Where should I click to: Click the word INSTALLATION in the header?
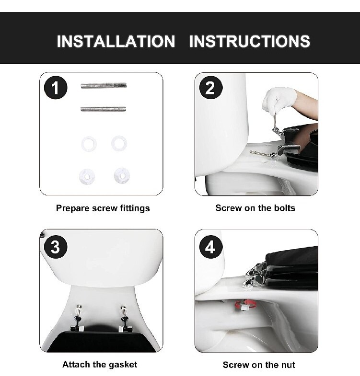(116, 41)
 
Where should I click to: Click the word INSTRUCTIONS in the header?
(249, 41)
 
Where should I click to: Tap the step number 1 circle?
(56, 88)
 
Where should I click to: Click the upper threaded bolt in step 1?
(103, 86)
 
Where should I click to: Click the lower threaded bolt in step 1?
(103, 109)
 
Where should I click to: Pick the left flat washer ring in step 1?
(89, 143)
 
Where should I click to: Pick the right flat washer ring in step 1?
(119, 143)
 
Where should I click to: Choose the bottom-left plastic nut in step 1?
(87, 176)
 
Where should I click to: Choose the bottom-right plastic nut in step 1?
(121, 175)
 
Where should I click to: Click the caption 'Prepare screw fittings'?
(103, 208)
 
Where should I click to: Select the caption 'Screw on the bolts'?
(255, 208)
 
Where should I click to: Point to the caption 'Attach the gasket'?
(100, 365)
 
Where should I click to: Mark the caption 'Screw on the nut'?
(259, 365)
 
